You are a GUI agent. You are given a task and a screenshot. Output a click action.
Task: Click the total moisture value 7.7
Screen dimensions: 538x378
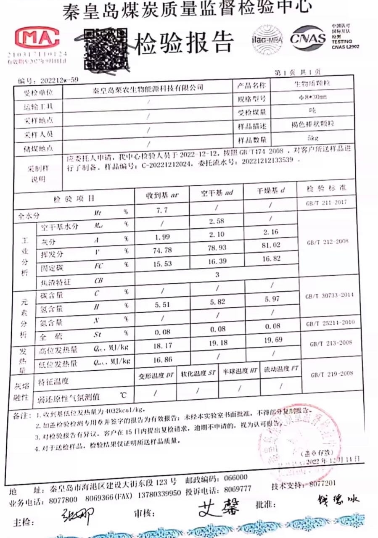coord(162,209)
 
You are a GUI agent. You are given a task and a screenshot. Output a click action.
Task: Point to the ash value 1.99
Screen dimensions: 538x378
coord(162,237)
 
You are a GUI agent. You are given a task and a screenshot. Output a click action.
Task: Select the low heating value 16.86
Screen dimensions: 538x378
coord(162,360)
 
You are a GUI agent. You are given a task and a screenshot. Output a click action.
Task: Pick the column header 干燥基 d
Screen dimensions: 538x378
coord(270,190)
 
